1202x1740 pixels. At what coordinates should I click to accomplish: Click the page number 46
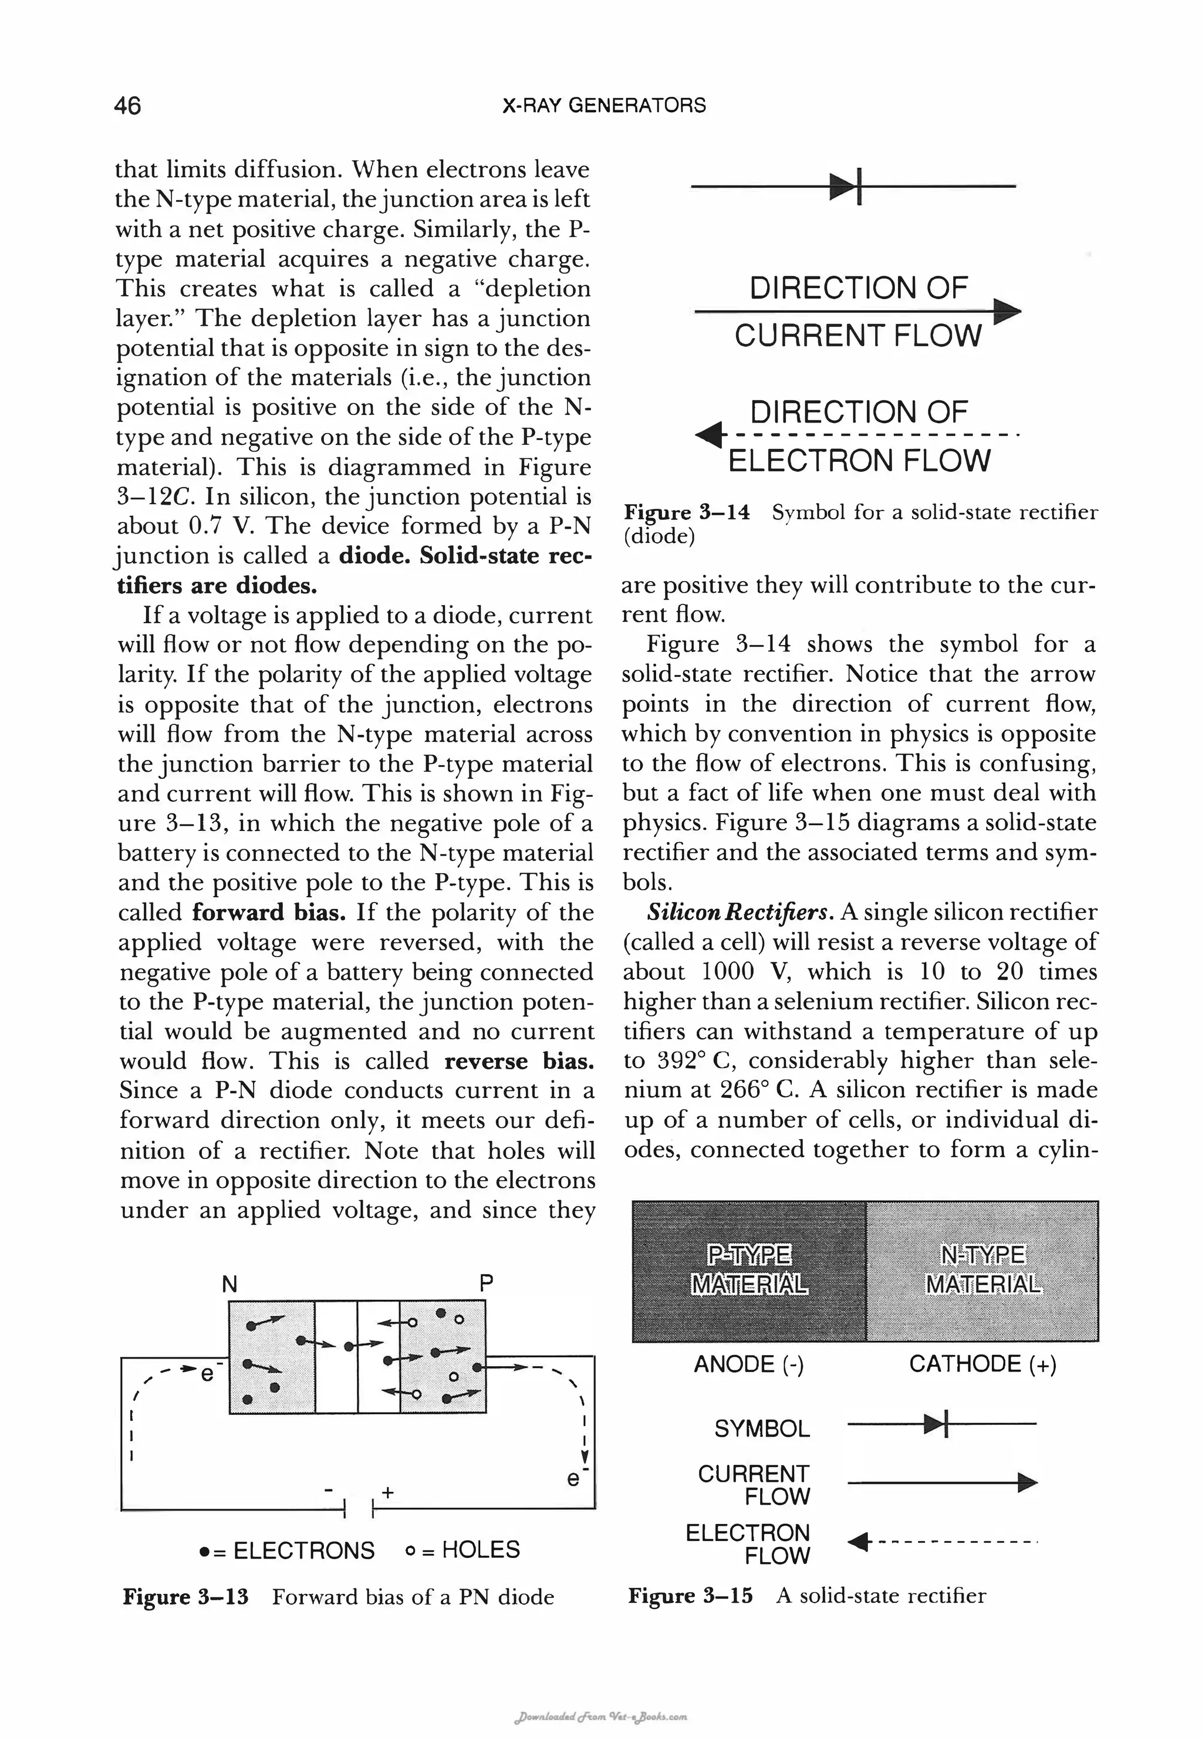pos(127,106)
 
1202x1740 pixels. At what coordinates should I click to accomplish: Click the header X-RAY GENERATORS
pos(604,106)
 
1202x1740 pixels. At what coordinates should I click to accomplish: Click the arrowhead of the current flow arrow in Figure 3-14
pos(1007,311)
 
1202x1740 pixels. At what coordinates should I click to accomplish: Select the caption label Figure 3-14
pos(686,513)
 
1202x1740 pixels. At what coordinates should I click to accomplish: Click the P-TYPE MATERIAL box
pos(749,1269)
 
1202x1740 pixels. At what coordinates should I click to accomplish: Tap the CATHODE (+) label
pos(982,1364)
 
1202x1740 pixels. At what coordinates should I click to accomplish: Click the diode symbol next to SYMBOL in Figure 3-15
pos(938,1424)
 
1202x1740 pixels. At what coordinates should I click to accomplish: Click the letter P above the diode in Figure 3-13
pos(487,1282)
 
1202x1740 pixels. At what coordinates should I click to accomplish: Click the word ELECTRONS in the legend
pos(303,1550)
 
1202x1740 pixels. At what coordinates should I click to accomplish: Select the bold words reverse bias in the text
pos(519,1061)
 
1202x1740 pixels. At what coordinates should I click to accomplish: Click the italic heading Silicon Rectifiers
pos(740,913)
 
